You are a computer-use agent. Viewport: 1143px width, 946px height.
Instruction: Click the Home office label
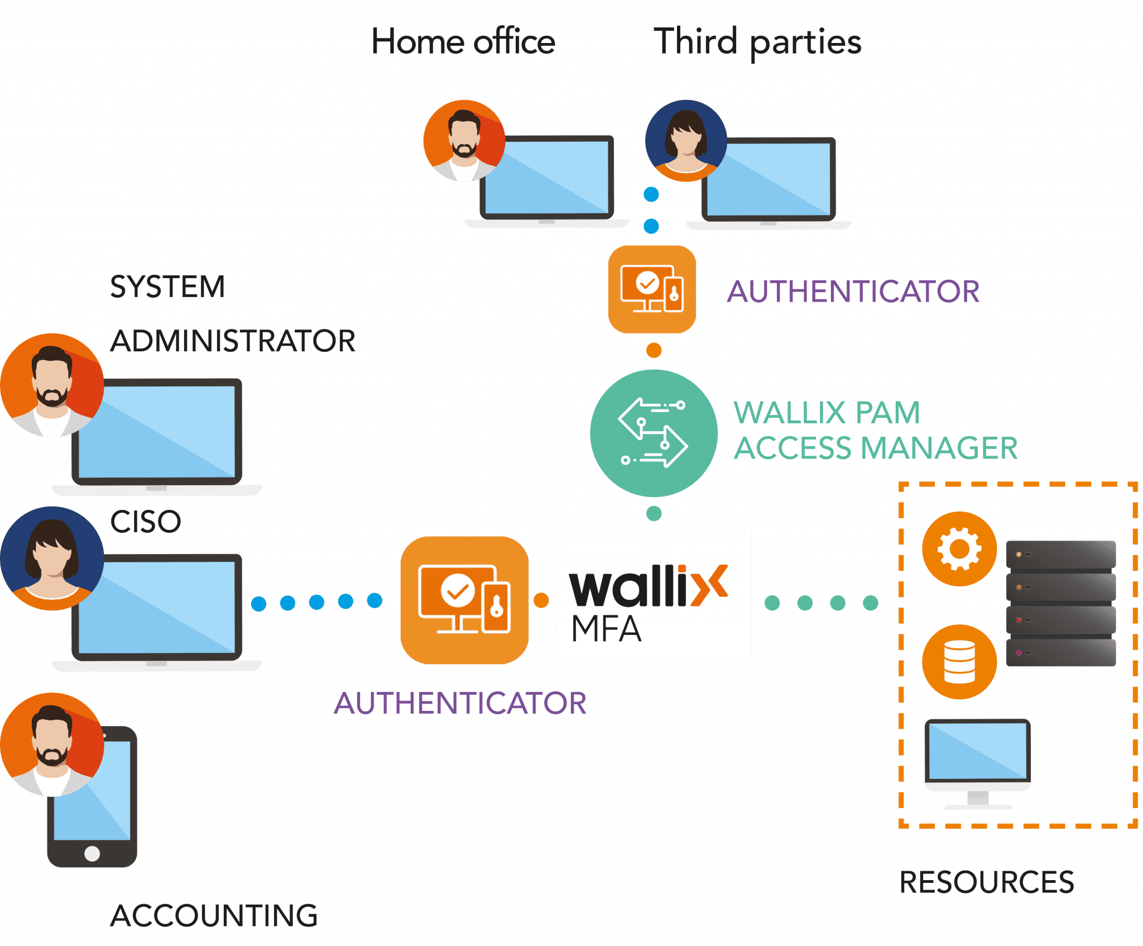(463, 42)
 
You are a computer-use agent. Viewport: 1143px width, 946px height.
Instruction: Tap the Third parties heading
(758, 42)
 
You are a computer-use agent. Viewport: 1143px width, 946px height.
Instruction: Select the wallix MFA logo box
(654, 594)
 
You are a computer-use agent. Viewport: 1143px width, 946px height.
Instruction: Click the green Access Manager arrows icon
(653, 433)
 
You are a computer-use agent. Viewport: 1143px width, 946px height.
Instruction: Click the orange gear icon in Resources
(959, 548)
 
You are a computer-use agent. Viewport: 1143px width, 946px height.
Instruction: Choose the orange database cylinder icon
(959, 662)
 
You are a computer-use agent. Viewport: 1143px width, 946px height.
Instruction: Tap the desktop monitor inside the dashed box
(977, 762)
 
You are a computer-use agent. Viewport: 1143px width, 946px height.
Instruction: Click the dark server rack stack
(1060, 603)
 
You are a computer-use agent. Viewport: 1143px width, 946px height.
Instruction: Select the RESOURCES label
(987, 882)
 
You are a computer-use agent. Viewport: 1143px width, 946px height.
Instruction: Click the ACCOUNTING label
(214, 916)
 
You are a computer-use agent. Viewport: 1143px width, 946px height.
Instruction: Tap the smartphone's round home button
(92, 853)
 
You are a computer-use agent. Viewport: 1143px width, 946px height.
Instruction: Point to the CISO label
(146, 522)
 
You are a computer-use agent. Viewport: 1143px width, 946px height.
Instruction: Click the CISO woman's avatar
(52, 558)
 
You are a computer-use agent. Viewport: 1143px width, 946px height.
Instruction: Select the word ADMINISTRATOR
(233, 341)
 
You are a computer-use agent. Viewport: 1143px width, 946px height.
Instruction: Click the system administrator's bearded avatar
(52, 385)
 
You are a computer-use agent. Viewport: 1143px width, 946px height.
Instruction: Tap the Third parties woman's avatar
(686, 141)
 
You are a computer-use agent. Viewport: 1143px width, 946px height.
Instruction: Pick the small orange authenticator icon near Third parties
(652, 289)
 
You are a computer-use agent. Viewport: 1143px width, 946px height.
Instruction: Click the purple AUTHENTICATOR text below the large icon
(460, 703)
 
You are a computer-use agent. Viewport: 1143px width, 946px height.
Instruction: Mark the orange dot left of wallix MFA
(541, 600)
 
